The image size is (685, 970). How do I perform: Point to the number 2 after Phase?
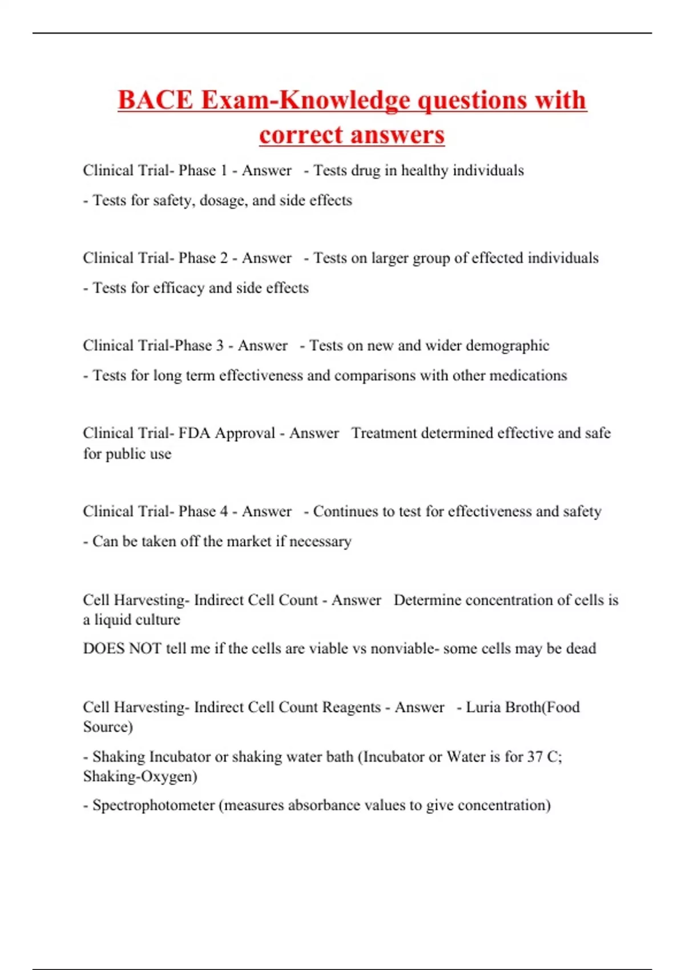(x=224, y=258)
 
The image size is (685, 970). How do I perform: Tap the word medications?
(x=528, y=375)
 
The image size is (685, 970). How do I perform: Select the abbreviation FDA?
(x=194, y=433)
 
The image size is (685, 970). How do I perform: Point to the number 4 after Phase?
(x=224, y=511)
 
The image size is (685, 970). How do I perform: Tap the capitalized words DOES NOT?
(x=122, y=649)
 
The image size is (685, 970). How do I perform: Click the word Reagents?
(x=351, y=708)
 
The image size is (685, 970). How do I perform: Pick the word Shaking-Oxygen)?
(x=140, y=777)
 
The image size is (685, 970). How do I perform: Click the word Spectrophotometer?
(x=154, y=806)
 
